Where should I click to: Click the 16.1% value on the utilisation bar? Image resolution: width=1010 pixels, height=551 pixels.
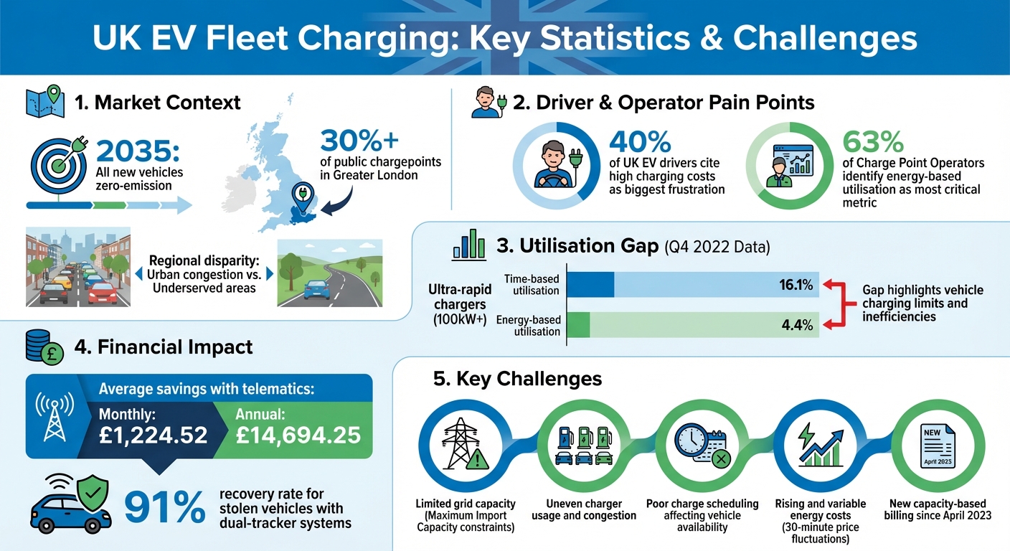click(796, 286)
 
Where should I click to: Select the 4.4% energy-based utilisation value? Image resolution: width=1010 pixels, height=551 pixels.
click(797, 325)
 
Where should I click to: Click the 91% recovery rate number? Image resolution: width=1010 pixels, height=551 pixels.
click(164, 507)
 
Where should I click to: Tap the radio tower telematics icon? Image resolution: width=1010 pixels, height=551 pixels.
click(55, 417)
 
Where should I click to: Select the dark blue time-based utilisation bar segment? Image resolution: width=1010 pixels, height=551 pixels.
click(590, 285)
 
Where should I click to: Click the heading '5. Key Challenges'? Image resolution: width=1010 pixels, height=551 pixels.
click(517, 378)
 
